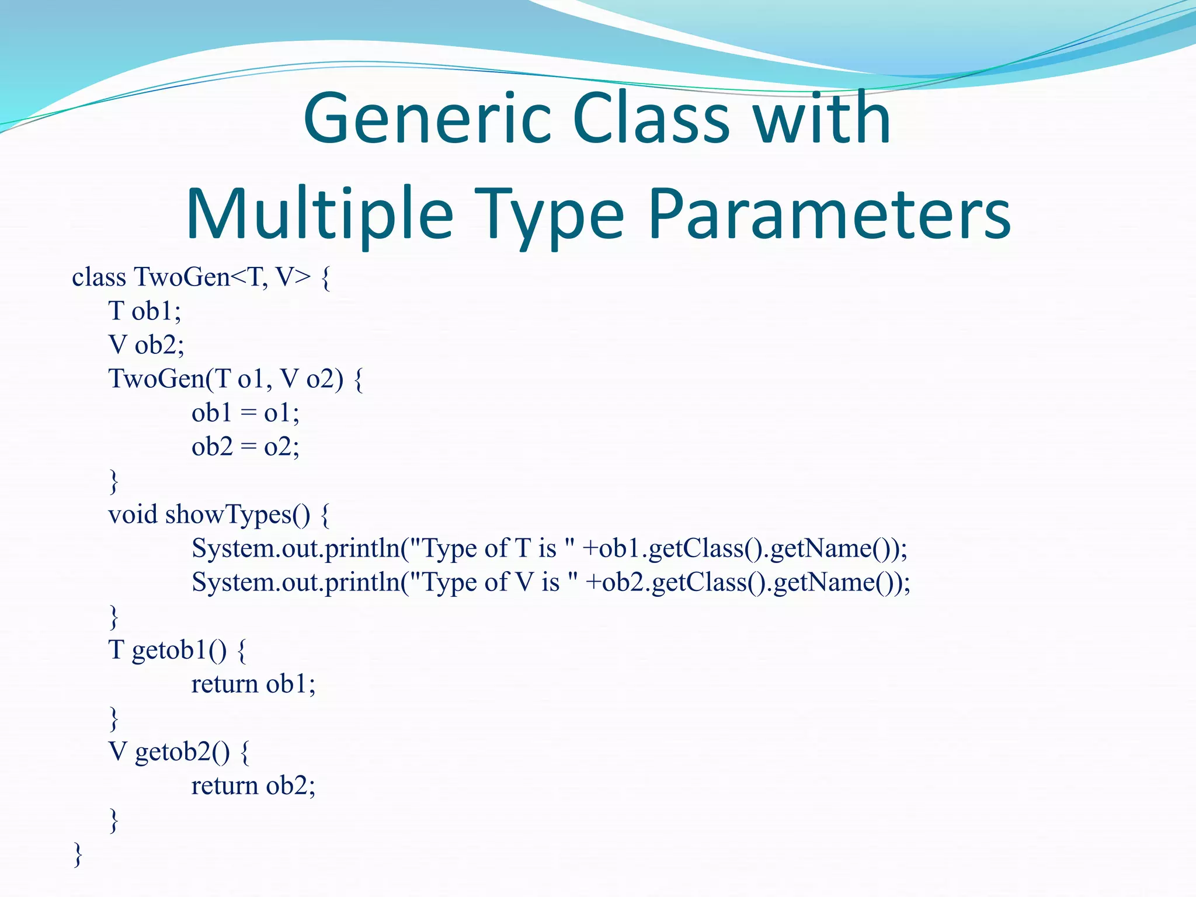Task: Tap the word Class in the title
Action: [x=651, y=120]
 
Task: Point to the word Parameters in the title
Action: [x=829, y=215]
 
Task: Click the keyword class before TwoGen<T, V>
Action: [x=99, y=277]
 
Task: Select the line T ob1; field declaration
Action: [x=145, y=311]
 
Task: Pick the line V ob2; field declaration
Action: [x=146, y=345]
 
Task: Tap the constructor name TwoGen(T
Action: [x=170, y=378]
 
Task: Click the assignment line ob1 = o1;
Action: [x=245, y=413]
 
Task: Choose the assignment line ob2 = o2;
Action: [x=245, y=447]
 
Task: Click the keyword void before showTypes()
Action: [x=133, y=514]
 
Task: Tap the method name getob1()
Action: [x=179, y=650]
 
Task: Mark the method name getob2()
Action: [x=182, y=752]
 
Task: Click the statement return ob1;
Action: [x=253, y=684]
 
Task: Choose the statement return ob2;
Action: [x=253, y=785]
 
